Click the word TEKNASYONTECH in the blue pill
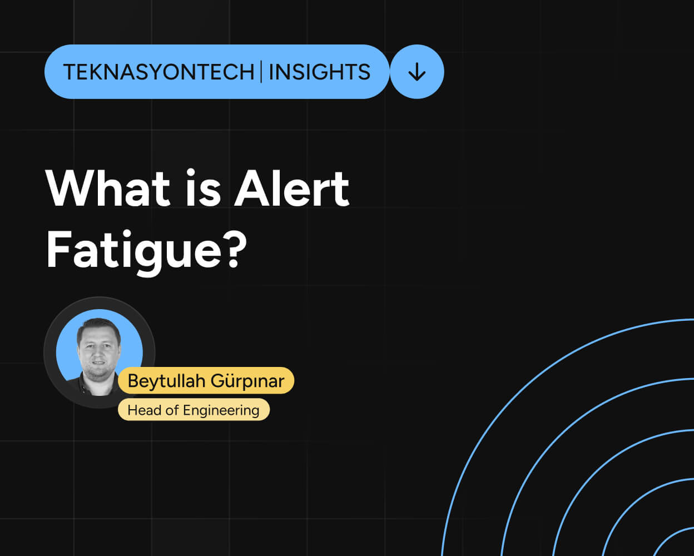tap(158, 72)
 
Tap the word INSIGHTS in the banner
tap(319, 72)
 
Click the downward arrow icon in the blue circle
tap(417, 72)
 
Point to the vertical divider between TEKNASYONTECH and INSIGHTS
tap(261, 72)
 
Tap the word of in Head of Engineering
tap(173, 410)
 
